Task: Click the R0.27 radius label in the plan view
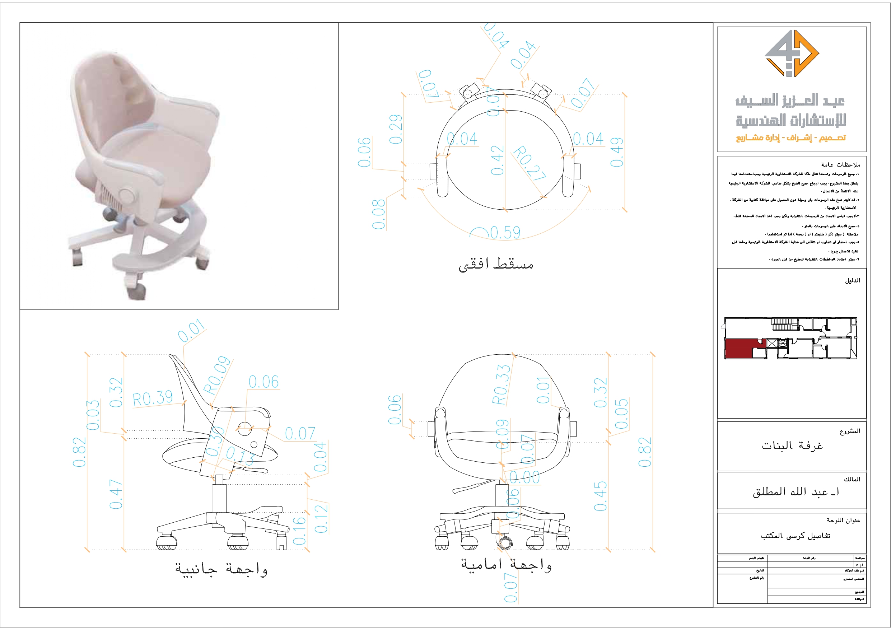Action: click(x=530, y=163)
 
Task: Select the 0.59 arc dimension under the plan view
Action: click(x=505, y=233)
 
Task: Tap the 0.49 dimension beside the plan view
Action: click(x=617, y=152)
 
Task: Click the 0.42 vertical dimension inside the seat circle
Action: click(x=498, y=160)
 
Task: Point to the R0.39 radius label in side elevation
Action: click(x=153, y=399)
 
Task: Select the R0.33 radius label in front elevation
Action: click(x=502, y=384)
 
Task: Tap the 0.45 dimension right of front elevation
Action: click(x=600, y=496)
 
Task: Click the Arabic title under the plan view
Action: click(x=496, y=264)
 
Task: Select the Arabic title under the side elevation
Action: click(x=221, y=569)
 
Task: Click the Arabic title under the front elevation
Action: click(x=507, y=565)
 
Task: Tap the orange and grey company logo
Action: click(x=792, y=53)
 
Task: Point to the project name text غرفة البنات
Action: click(x=792, y=445)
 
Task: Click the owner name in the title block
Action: click(x=796, y=492)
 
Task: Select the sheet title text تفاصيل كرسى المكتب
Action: click(x=796, y=536)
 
